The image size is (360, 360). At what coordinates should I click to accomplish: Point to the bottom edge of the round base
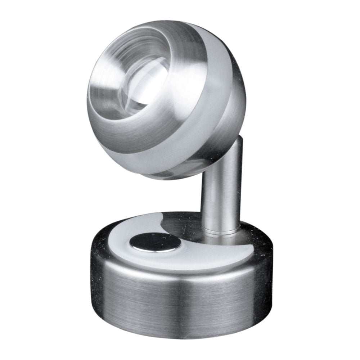180,337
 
